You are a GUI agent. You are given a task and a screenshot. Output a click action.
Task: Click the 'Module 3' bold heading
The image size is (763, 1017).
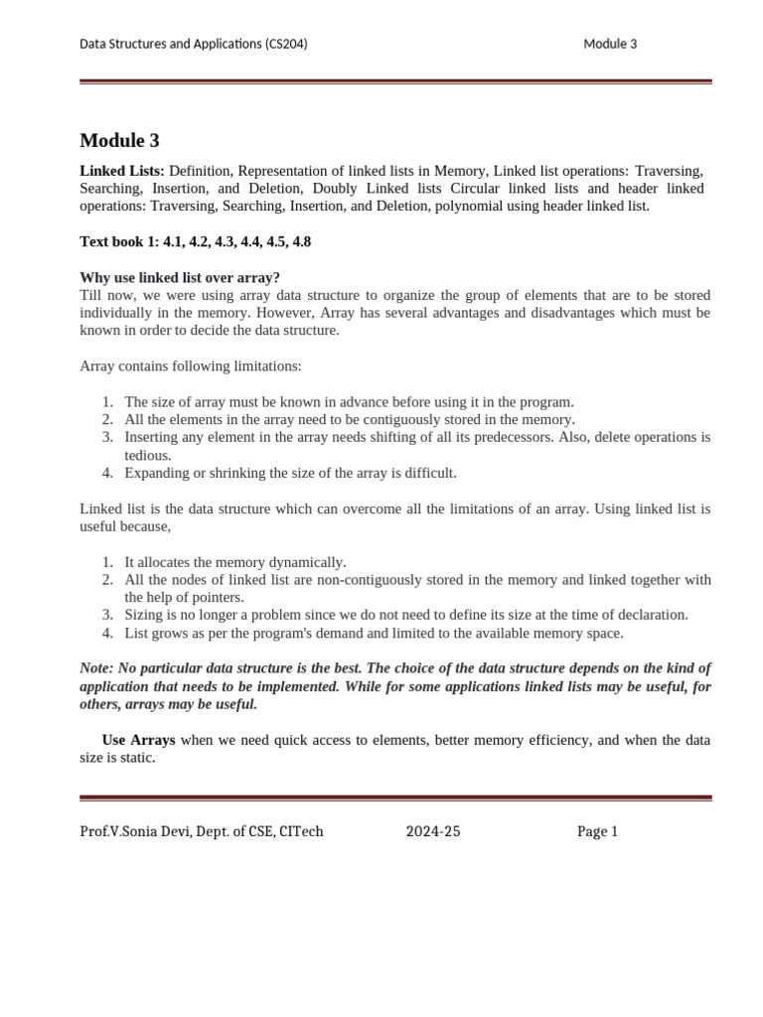pyautogui.click(x=119, y=141)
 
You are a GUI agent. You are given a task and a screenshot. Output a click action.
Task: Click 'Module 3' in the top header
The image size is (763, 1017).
pyautogui.click(x=610, y=44)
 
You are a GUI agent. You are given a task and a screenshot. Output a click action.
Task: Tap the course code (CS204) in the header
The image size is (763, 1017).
pyautogui.click(x=287, y=44)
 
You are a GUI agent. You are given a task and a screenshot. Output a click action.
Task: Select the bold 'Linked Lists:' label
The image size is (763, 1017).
pyautogui.click(x=122, y=171)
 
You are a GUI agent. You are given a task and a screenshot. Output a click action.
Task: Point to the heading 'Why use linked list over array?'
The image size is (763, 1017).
pyautogui.click(x=180, y=277)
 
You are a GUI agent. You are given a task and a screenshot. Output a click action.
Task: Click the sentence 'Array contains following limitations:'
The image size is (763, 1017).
pyautogui.click(x=190, y=365)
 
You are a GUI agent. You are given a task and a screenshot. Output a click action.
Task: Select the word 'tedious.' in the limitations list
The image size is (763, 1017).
pyautogui.click(x=148, y=455)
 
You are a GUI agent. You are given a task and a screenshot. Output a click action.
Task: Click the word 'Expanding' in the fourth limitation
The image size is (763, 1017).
pyautogui.click(x=156, y=473)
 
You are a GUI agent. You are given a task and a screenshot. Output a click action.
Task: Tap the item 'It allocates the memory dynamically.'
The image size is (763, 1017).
pyautogui.click(x=234, y=562)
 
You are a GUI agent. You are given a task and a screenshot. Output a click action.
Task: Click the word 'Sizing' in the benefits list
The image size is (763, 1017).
pyautogui.click(x=144, y=615)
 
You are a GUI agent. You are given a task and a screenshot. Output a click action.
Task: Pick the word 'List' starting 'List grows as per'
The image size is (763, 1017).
pyautogui.click(x=136, y=633)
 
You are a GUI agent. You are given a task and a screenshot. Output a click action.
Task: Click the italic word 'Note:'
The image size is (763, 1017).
pyautogui.click(x=97, y=668)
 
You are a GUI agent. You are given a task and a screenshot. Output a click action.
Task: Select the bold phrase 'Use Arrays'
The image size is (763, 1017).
pyautogui.click(x=139, y=740)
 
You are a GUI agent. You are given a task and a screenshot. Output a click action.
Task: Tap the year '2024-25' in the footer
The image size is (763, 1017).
pyautogui.click(x=433, y=831)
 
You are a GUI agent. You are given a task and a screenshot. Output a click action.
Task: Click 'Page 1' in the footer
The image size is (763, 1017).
pyautogui.click(x=597, y=831)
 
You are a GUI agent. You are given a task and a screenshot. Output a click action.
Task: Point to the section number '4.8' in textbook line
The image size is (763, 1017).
pyautogui.click(x=301, y=241)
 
